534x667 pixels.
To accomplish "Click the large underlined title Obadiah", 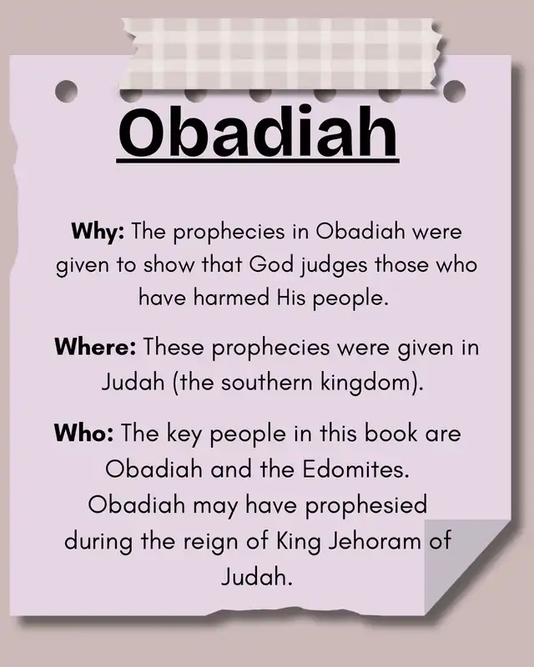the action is click(x=258, y=133).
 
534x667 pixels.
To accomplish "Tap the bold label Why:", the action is click(x=98, y=233).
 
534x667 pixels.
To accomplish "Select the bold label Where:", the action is click(x=95, y=347).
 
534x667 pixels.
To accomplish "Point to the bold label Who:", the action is click(x=84, y=433).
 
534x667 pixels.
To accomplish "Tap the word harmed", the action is click(x=231, y=297).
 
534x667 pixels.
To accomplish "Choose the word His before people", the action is click(x=291, y=297).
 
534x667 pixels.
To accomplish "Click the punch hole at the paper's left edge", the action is click(x=67, y=91).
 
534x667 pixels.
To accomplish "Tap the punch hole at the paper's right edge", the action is click(x=455, y=91).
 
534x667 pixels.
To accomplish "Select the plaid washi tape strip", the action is click(x=282, y=54).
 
